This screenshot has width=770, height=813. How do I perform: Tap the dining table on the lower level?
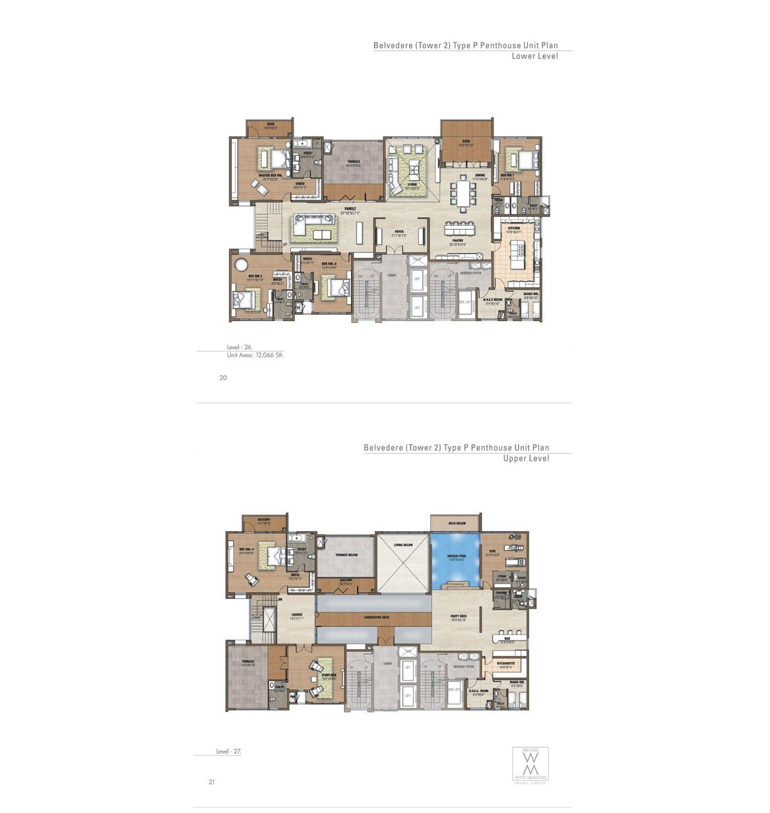coord(465,192)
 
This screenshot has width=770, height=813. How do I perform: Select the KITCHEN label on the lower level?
coord(514,228)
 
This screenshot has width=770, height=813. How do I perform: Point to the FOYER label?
coord(399,232)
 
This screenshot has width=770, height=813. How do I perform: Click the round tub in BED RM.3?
coord(241,265)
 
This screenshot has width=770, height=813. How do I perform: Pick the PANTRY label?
coord(458,241)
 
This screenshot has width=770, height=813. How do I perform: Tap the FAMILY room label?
coord(351,209)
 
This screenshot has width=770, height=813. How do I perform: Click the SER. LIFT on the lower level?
coord(465,302)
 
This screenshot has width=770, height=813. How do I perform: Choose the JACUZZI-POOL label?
coord(456,556)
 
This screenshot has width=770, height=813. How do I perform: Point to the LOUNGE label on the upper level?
coord(297,614)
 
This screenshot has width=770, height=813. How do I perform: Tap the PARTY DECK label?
coord(458,616)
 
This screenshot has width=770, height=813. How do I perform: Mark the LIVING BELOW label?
coord(403,545)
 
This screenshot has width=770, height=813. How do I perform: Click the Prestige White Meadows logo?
coord(530,765)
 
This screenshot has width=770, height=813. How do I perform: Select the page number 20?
coord(223,378)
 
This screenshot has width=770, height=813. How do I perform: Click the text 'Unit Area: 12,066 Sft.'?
coord(255,355)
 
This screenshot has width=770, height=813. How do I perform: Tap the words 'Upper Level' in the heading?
coord(526,459)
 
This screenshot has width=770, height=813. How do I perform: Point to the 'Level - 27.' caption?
coord(228,751)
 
